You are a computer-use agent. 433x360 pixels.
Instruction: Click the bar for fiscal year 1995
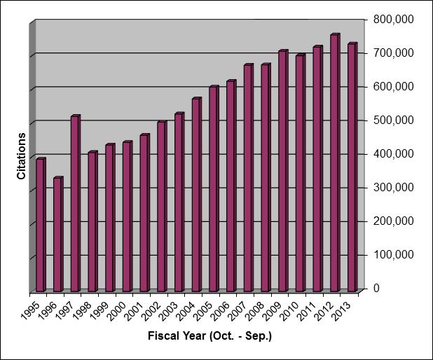tap(40, 226)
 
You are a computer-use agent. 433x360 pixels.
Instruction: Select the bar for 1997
tap(75, 204)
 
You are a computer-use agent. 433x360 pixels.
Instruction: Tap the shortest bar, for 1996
tap(57, 235)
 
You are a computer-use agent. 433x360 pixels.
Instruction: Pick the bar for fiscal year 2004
tap(196, 195)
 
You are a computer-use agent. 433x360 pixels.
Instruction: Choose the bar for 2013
tap(352, 167)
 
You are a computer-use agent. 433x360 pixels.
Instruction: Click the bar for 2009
tap(282, 172)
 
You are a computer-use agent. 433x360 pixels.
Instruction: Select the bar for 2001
tap(144, 213)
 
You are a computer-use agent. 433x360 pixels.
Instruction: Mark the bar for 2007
tap(248, 179)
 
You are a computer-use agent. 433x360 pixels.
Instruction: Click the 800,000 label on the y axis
tap(394, 18)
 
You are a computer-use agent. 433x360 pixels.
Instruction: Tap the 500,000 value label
tap(394, 120)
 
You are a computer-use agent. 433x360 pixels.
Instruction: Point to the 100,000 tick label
tap(394, 254)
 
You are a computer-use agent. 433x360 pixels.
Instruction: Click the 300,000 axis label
tap(394, 187)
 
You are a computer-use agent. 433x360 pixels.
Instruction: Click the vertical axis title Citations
tap(22, 155)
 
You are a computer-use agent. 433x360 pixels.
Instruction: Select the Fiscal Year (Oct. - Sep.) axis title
tap(209, 336)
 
